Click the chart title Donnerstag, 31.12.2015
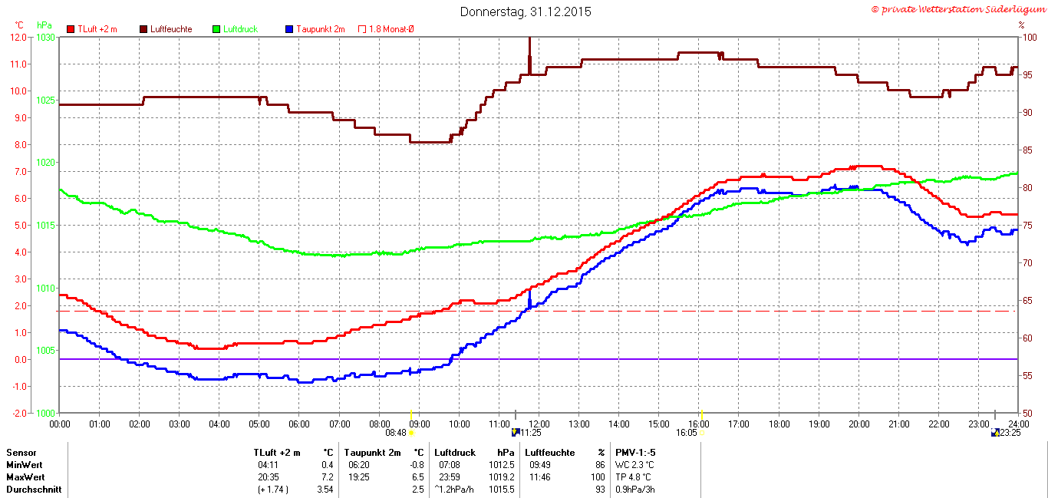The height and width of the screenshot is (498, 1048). tap(526, 12)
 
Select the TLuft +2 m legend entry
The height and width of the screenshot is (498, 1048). tap(92, 29)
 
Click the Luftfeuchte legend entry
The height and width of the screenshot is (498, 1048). tap(166, 29)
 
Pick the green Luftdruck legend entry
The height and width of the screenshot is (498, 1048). tap(236, 29)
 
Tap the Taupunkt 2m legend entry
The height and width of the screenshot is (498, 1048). tap(315, 29)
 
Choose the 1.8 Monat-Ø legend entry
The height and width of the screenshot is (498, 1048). tap(386, 29)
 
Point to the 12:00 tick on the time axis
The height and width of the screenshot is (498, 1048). tap(539, 424)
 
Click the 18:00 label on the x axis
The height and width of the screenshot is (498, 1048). tap(779, 424)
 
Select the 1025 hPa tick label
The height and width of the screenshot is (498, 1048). tap(46, 101)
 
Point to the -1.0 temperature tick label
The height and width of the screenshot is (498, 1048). tap(18, 387)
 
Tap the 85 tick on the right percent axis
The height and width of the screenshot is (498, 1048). tap(1027, 150)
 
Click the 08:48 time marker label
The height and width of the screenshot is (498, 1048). tap(396, 433)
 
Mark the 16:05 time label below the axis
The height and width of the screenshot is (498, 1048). tap(687, 433)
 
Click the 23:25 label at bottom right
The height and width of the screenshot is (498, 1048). tap(1010, 433)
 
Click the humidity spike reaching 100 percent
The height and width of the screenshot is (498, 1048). tap(529, 55)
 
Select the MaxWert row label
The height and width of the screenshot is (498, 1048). tap(25, 477)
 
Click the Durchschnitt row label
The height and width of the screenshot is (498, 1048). tap(34, 490)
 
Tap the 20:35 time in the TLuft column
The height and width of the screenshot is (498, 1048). tap(268, 477)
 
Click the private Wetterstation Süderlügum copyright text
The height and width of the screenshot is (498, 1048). tap(958, 10)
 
